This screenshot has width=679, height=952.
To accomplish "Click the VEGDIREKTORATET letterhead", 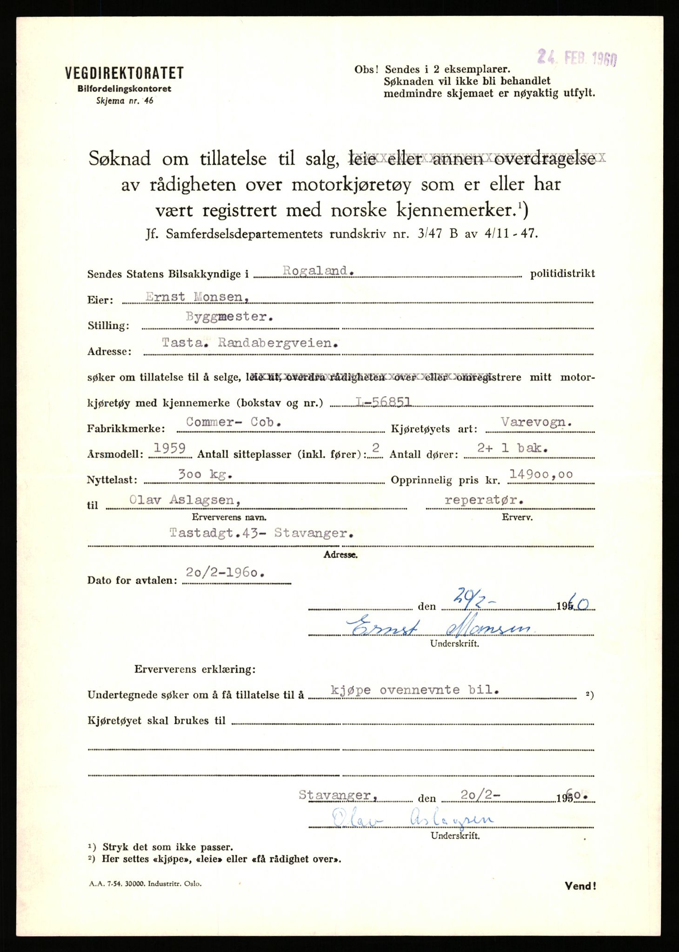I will [x=124, y=73].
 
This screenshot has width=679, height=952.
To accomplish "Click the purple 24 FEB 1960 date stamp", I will [x=577, y=58].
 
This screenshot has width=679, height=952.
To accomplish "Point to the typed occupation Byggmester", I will [x=229, y=317].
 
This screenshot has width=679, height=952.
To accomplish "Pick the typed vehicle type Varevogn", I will [x=536, y=422].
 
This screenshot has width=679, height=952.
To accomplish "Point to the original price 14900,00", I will [x=541, y=474].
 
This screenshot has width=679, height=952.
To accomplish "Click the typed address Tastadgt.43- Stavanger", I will [x=261, y=533].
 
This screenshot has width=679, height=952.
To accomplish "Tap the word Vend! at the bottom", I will [x=580, y=886].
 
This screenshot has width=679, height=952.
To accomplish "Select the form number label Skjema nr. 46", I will [x=124, y=100].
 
